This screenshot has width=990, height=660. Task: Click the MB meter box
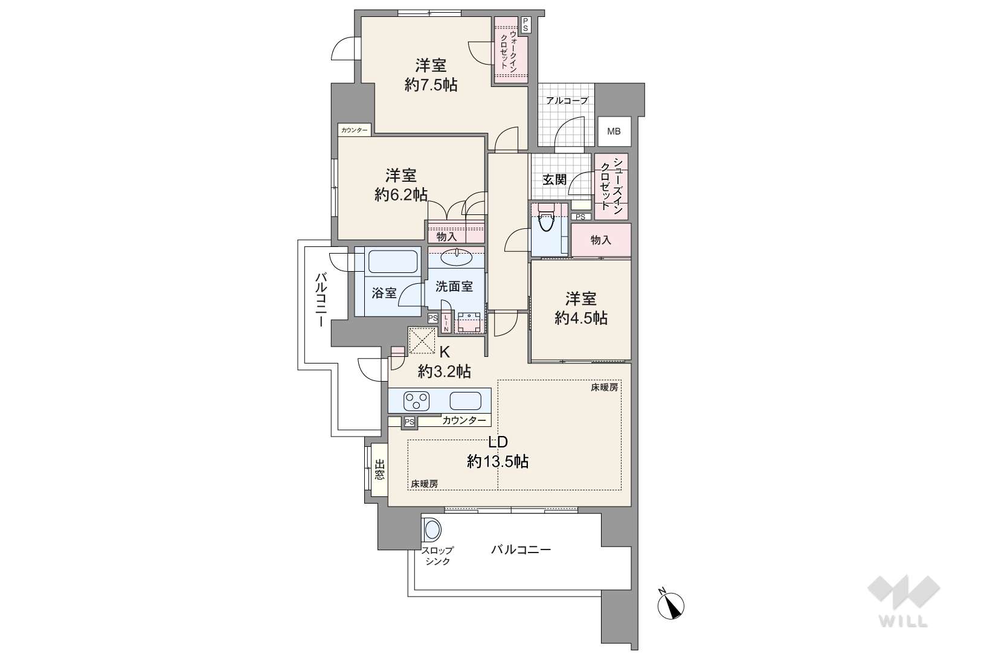(x=614, y=131)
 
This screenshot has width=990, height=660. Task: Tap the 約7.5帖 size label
(x=431, y=85)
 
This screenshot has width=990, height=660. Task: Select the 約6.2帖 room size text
(x=401, y=195)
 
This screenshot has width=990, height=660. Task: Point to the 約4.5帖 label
(x=580, y=318)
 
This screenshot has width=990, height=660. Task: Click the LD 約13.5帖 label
(x=498, y=452)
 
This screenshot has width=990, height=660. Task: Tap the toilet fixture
(x=547, y=218)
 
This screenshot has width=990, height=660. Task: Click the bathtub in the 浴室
(x=393, y=261)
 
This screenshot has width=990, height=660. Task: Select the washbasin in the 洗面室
(x=456, y=257)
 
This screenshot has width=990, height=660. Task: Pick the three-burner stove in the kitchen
(x=416, y=401)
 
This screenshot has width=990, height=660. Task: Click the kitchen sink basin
(x=465, y=401)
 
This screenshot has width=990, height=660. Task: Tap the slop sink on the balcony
(x=432, y=529)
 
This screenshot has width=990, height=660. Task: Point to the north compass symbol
(x=670, y=605)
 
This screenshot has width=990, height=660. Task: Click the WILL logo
(x=904, y=601)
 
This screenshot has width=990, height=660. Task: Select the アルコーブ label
(x=567, y=101)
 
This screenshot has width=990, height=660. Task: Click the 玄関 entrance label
(x=554, y=180)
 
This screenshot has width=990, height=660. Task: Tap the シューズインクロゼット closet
(x=612, y=187)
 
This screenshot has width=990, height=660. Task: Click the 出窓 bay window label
(x=379, y=470)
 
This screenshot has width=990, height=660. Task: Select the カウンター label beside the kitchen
(x=464, y=420)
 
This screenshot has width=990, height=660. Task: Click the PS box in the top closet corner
(x=526, y=25)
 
